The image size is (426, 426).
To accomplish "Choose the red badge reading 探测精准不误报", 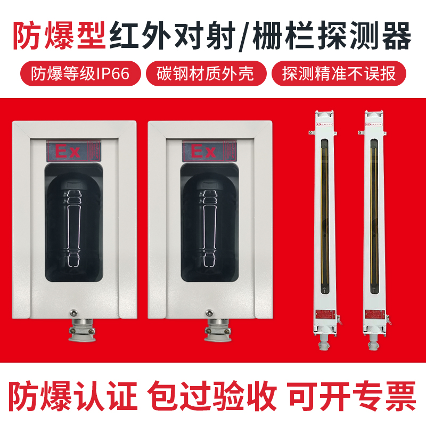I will click(339, 73).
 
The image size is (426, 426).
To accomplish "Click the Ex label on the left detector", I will click(68, 152).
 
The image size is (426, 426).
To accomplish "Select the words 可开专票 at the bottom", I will click(351, 395).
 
